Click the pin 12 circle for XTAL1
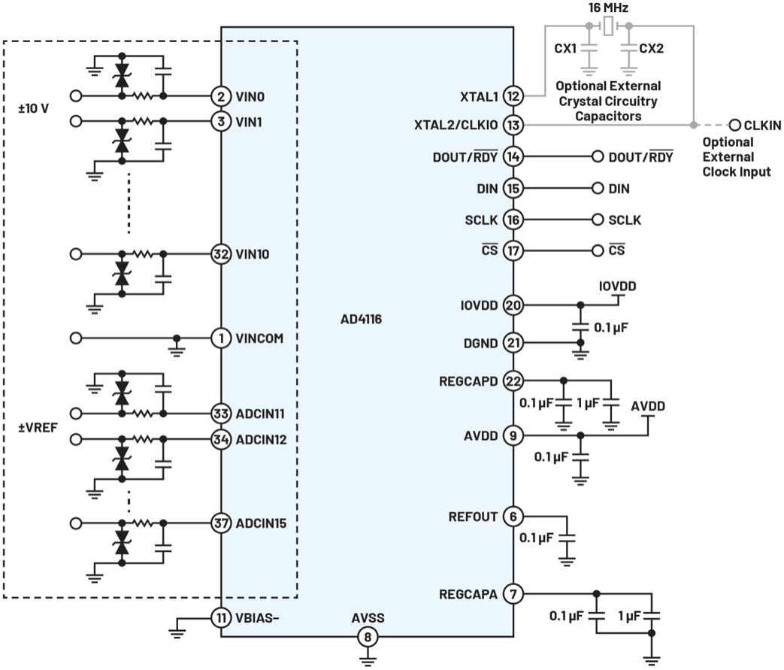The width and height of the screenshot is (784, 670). click(513, 96)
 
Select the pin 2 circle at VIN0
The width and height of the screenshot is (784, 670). click(221, 96)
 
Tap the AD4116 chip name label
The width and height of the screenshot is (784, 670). click(361, 319)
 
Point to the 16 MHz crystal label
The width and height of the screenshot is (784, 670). click(607, 8)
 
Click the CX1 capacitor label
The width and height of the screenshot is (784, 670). click(565, 49)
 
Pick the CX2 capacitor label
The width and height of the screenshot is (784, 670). click(652, 49)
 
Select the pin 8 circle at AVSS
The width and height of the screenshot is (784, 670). click(368, 637)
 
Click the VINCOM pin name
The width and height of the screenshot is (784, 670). click(259, 338)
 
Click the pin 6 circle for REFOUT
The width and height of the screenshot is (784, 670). click(513, 517)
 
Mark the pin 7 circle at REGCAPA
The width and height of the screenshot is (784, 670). click(513, 594)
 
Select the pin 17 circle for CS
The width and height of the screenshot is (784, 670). click(513, 250)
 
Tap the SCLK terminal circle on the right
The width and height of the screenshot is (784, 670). click(598, 220)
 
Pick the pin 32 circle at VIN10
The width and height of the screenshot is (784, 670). click(221, 254)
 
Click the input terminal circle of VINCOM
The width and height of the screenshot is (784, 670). click(75, 338)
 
